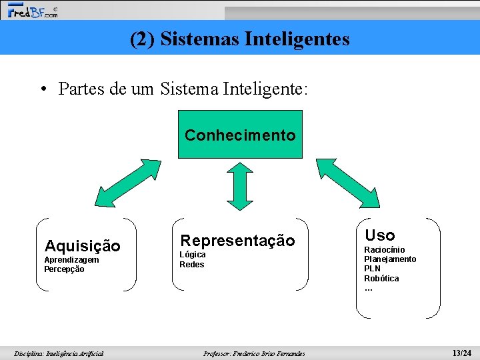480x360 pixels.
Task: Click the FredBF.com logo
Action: tap(32, 11)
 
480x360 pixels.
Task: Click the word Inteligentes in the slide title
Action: tap(297, 39)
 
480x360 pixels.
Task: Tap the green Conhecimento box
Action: tap(240, 135)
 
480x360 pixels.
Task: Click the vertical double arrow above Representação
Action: tap(240, 183)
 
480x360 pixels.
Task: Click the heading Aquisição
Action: tap(82, 247)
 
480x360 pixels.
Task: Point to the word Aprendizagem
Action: tap(71, 260)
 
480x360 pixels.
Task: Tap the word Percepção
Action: tap(64, 269)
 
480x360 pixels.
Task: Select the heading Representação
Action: tap(238, 241)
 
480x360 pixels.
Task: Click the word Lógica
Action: tap(193, 255)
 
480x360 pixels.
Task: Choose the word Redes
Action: tap(192, 265)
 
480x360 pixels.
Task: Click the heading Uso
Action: tap(380, 235)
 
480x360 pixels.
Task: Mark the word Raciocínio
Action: tap(384, 250)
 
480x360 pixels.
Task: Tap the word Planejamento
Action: tap(390, 259)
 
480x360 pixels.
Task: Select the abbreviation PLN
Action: tap(373, 269)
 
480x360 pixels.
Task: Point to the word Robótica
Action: tap(381, 279)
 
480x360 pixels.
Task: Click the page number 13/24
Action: tap(461, 353)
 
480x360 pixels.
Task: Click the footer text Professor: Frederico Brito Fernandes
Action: tap(254, 354)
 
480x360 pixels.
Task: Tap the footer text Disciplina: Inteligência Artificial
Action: tap(59, 354)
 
